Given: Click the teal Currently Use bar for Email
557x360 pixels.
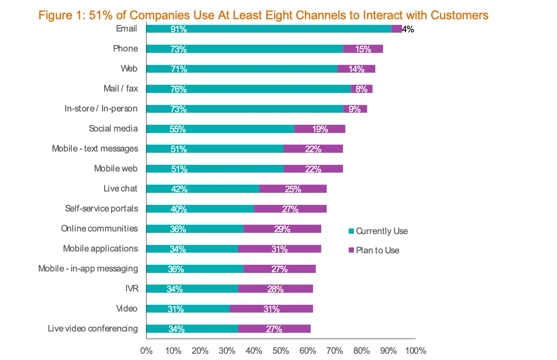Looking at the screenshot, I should pos(269,29).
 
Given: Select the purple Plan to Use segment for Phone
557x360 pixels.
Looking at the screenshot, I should pos(363,49).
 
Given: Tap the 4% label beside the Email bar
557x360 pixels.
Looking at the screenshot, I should pos(408,29).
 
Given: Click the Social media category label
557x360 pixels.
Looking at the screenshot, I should pos(113,129).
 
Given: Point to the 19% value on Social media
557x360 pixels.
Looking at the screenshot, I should pos(320,129).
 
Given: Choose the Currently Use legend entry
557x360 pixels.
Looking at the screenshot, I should pos(378,231).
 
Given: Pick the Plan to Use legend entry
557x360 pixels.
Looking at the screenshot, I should pos(374,250).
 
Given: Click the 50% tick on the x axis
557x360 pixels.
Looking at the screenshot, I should pos(281,350).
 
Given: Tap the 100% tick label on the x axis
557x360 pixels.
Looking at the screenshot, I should pos(415,350).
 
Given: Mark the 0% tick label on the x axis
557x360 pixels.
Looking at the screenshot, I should pos(146,350).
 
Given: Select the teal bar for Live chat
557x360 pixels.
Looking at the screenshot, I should pos(203,189).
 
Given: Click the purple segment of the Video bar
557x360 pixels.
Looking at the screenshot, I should pos(271,309).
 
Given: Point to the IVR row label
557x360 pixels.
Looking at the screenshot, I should pos(132,289).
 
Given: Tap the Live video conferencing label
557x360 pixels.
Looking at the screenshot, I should pos(93,329).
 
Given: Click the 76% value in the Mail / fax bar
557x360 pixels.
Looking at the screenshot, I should pos(178,89).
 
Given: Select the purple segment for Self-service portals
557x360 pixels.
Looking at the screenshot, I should pos(290,209).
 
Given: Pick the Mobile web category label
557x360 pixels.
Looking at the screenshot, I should pos(116,169).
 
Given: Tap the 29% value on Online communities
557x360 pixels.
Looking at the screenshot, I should pos(282,229).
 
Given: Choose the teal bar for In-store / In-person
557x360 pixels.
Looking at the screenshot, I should pos(245,109).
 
